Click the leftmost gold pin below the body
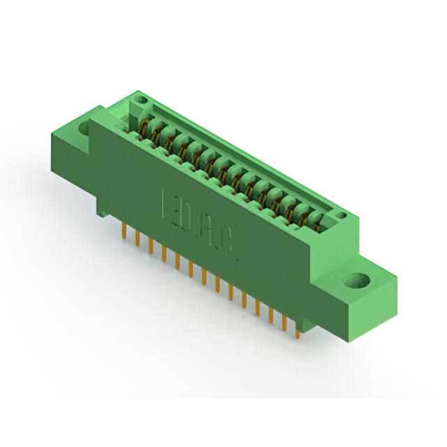tap(124, 231)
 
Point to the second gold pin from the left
tap(137, 239)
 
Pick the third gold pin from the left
tap(150, 247)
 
